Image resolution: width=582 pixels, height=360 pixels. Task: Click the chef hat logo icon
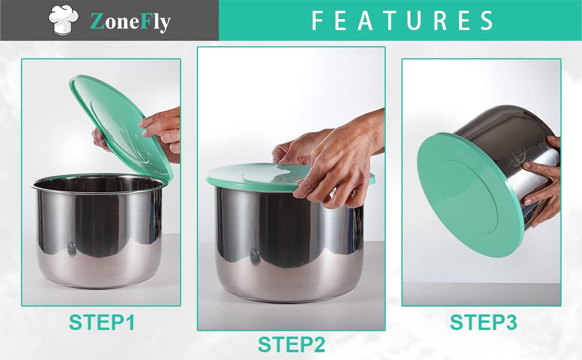(64, 20)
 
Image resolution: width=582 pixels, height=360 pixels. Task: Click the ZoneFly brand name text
(130, 22)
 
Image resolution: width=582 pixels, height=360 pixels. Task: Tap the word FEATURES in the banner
(403, 20)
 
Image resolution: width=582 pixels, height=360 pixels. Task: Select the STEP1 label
(102, 322)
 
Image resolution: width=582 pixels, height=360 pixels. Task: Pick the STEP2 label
(292, 344)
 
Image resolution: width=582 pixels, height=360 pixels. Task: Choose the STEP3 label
(483, 322)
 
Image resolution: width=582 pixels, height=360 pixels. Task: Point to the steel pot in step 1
(98, 230)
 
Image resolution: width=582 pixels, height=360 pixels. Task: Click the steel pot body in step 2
(290, 245)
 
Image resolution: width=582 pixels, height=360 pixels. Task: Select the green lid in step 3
(470, 195)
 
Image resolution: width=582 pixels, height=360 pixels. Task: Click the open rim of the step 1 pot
(98, 182)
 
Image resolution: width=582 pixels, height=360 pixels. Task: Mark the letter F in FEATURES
(318, 20)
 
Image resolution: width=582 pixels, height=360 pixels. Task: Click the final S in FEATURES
(487, 20)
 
